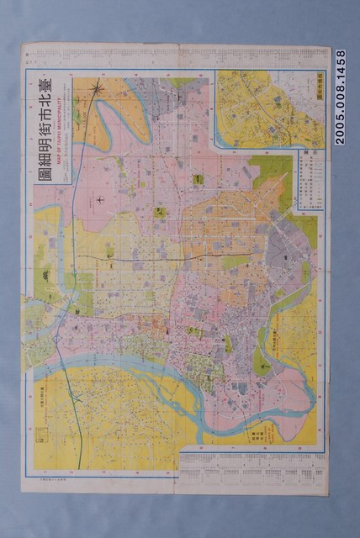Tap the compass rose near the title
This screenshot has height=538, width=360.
(98, 87)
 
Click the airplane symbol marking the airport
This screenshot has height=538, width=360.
(100, 199)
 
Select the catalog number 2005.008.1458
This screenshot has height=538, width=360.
(340, 97)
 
